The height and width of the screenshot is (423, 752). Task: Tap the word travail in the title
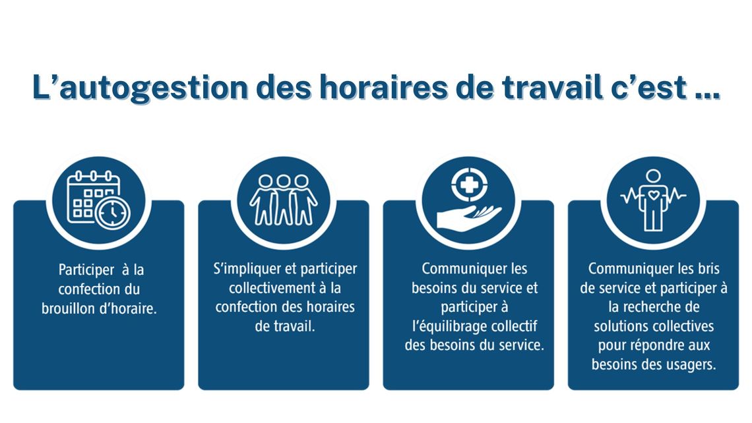point(551,87)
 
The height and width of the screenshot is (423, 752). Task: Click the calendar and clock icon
point(98,200)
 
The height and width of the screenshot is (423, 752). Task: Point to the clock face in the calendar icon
point(113,213)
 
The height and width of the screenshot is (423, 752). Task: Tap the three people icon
point(284,200)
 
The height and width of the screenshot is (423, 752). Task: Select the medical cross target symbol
point(469,185)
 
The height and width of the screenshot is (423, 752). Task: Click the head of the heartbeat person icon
point(653,177)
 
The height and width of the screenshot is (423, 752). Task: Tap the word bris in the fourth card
point(709,269)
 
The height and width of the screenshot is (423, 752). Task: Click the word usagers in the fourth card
point(691,365)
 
